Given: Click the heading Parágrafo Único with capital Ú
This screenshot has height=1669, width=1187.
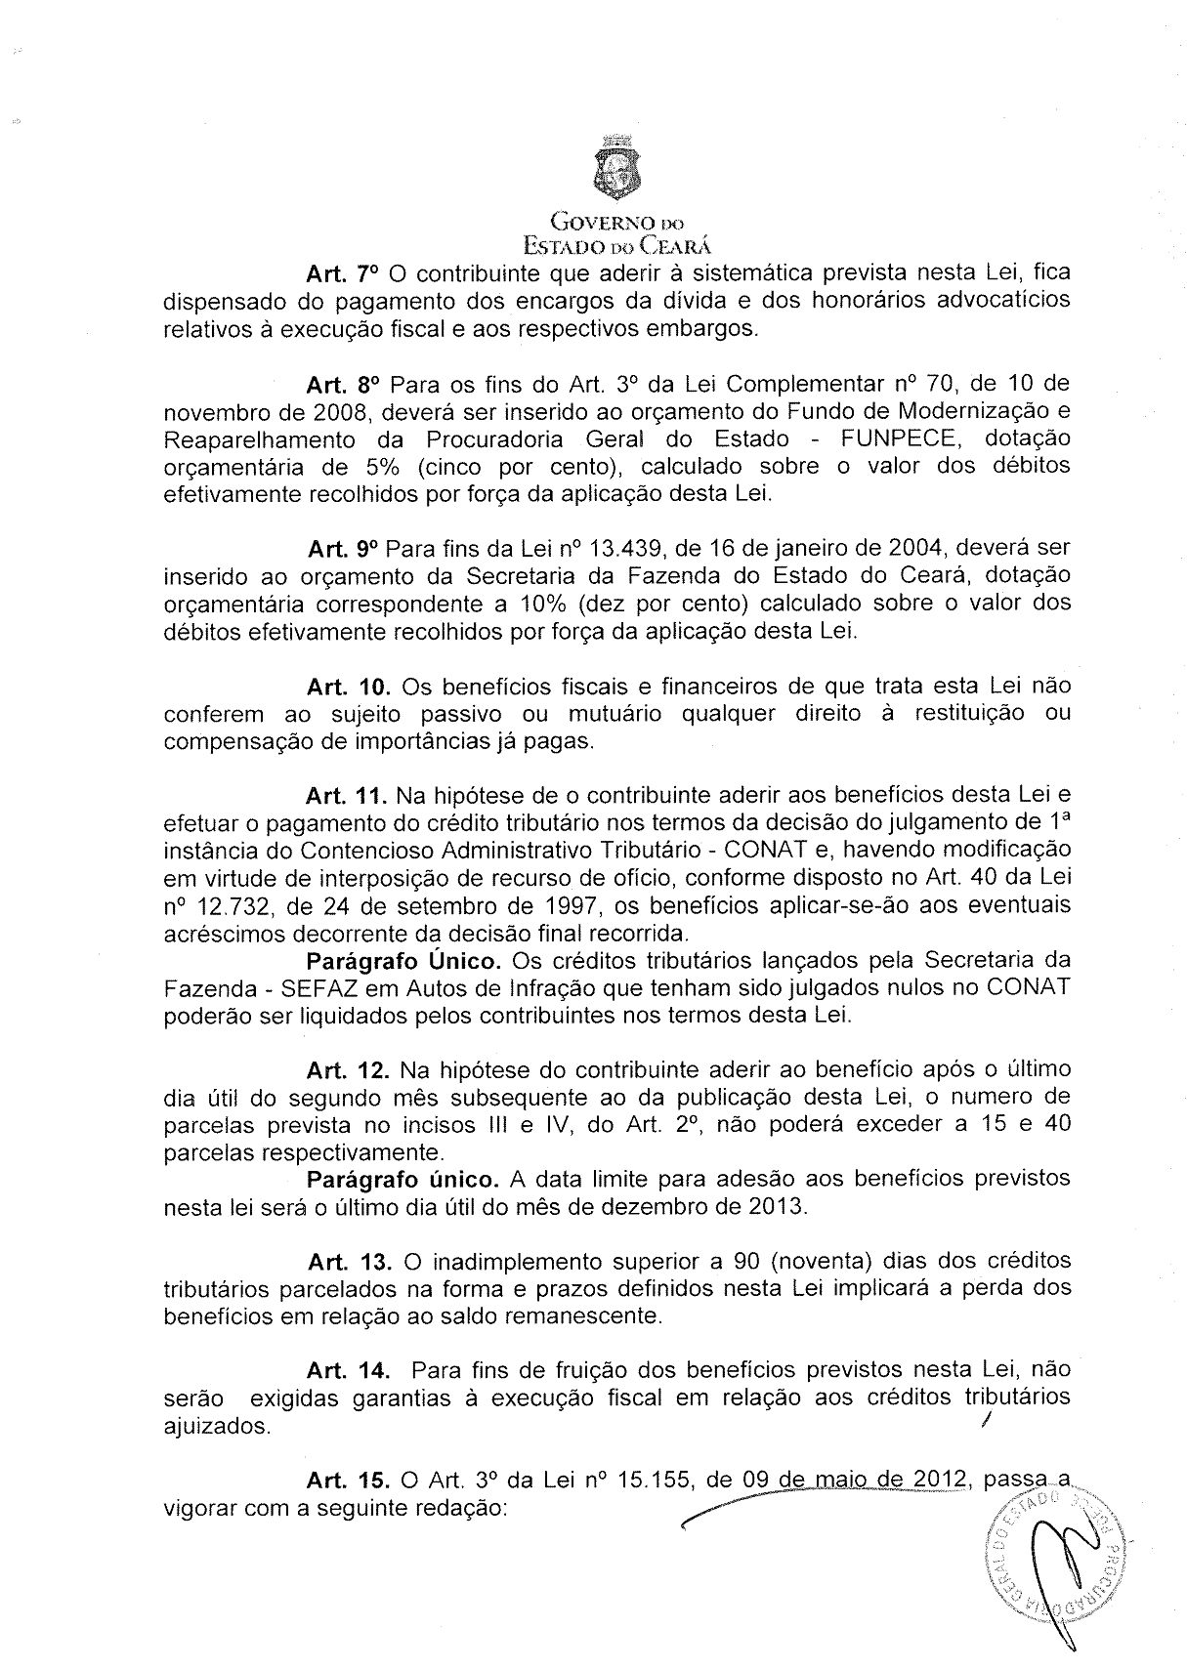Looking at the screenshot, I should coord(404,959).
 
